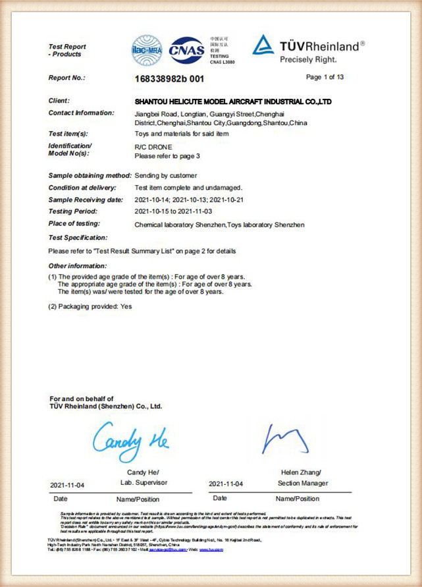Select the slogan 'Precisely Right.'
point(313,60)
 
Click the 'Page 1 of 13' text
point(325,77)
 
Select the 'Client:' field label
point(59,101)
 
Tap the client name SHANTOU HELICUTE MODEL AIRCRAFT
point(232,101)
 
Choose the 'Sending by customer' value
point(165,176)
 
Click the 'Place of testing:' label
point(76,225)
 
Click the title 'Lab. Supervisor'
point(136,484)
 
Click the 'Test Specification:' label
point(78,237)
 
